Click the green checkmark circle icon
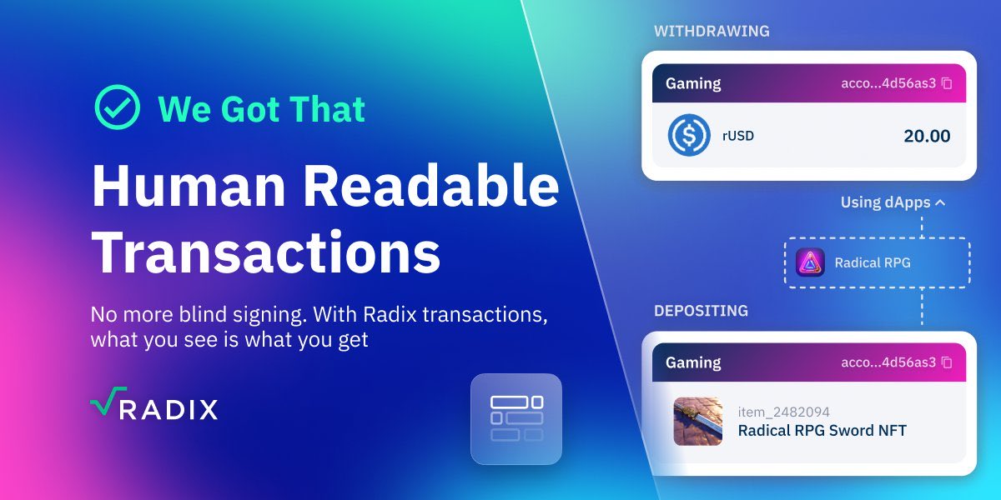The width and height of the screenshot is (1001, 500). (117, 107)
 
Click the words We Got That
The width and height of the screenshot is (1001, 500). (261, 109)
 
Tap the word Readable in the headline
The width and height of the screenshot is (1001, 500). (431, 187)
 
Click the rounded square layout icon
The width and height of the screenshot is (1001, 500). (516, 418)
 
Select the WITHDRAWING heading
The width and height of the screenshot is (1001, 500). (712, 32)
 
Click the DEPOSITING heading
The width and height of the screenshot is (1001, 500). (701, 311)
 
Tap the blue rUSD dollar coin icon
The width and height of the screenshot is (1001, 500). (688, 135)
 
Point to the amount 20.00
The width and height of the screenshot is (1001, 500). (927, 136)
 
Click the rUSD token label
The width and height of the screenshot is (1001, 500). (738, 136)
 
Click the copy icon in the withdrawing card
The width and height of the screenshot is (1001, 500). (946, 83)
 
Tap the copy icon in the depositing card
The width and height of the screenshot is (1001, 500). (946, 362)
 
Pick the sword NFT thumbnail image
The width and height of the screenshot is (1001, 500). (698, 422)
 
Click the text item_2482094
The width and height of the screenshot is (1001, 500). (783, 412)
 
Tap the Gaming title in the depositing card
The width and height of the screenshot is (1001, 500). (693, 362)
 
